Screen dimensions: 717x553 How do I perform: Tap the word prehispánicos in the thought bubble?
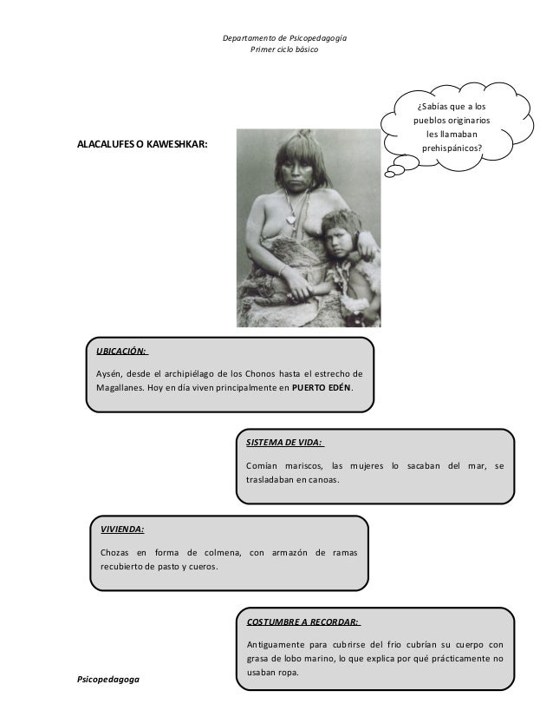[452, 148]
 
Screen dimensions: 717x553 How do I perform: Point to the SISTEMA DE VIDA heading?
[285, 442]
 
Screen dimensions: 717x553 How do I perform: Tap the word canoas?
[322, 480]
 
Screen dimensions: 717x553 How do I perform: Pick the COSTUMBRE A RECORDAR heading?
[303, 621]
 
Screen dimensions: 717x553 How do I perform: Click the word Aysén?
[109, 372]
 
